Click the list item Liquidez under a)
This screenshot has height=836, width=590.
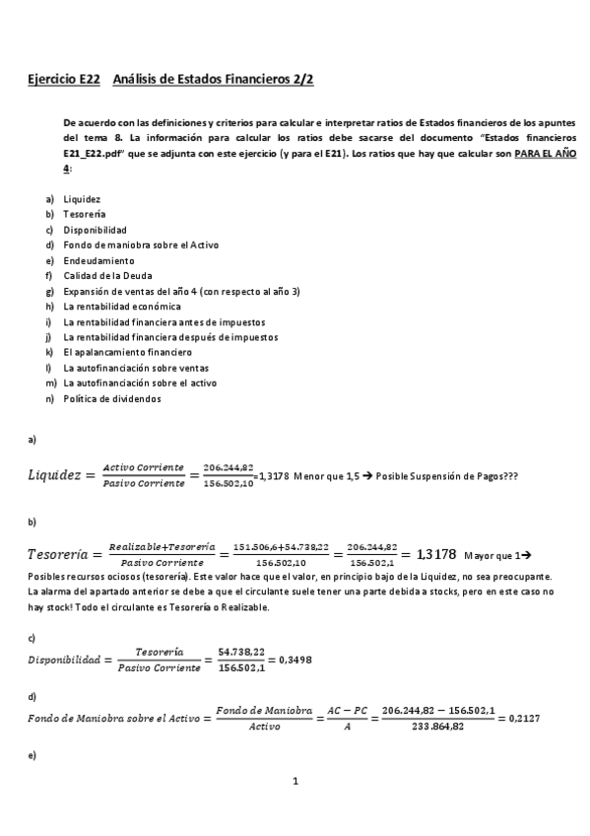[81, 198]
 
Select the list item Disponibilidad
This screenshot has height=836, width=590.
[95, 229]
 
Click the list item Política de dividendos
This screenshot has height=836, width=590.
[111, 398]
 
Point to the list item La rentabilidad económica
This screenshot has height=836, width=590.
[121, 306]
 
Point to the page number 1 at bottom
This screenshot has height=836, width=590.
[295, 781]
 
